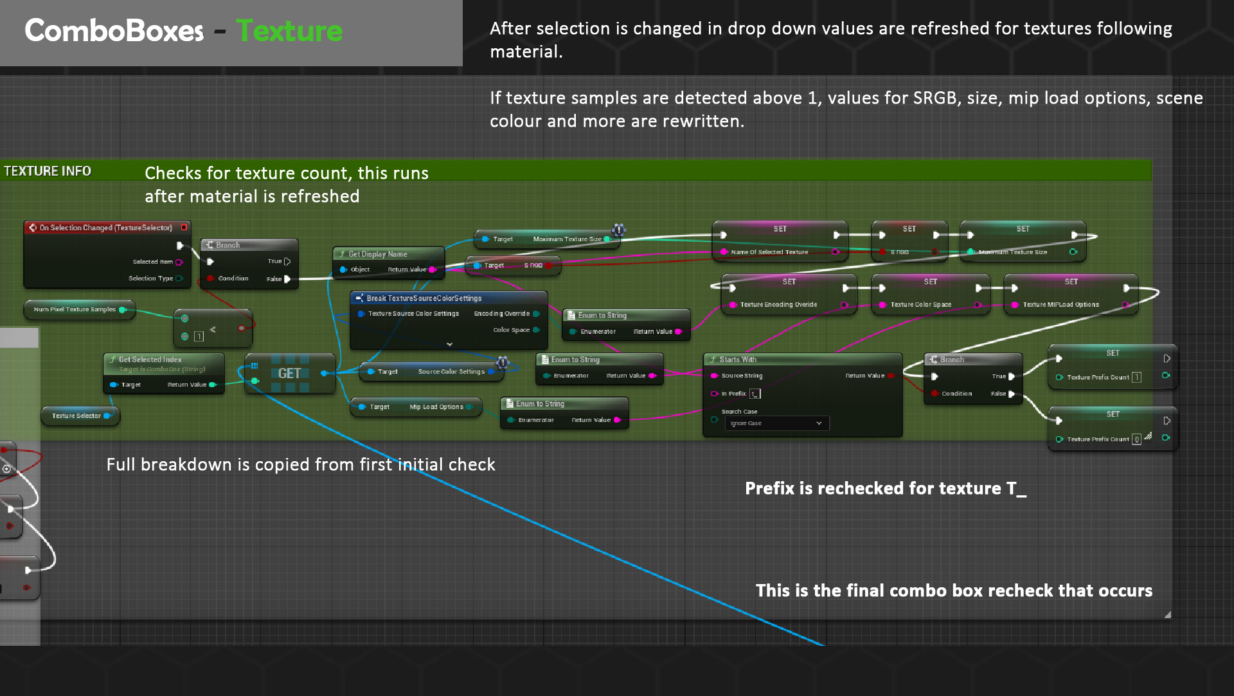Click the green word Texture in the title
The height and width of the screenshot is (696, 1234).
tap(289, 31)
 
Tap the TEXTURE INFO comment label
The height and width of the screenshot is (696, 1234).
tap(48, 171)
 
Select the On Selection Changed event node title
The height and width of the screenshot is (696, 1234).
tap(106, 228)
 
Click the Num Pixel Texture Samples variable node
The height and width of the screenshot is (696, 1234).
tap(75, 309)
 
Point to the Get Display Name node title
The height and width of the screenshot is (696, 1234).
tap(378, 254)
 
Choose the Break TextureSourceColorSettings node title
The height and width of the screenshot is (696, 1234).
tap(424, 298)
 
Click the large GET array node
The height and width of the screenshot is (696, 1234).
tap(289, 373)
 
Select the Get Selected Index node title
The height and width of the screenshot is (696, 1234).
tap(150, 360)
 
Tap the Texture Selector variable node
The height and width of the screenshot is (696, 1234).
tap(76, 416)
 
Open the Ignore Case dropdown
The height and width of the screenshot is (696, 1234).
tap(776, 423)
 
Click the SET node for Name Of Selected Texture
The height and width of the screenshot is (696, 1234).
tap(780, 229)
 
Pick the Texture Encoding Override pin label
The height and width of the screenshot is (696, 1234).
tap(778, 305)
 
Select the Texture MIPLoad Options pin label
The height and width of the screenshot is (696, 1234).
tap(1060, 305)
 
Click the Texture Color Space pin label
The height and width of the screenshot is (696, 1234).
tap(920, 305)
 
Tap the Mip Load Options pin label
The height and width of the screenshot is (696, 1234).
tap(436, 407)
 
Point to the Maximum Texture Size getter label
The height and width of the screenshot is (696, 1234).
tap(567, 239)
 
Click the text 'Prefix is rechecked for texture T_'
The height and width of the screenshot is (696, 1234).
tap(885, 489)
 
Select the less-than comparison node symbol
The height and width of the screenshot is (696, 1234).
tap(213, 330)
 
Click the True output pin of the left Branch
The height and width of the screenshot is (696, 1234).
tap(287, 261)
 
